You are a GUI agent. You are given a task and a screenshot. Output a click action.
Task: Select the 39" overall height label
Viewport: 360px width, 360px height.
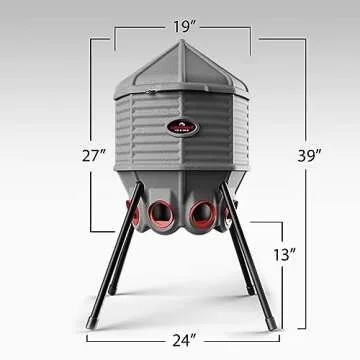[x=309, y=155]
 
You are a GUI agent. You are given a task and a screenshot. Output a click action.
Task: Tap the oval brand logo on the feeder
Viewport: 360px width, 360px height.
[x=181, y=128]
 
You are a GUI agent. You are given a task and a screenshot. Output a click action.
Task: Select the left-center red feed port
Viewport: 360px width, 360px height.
[x=160, y=213]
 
